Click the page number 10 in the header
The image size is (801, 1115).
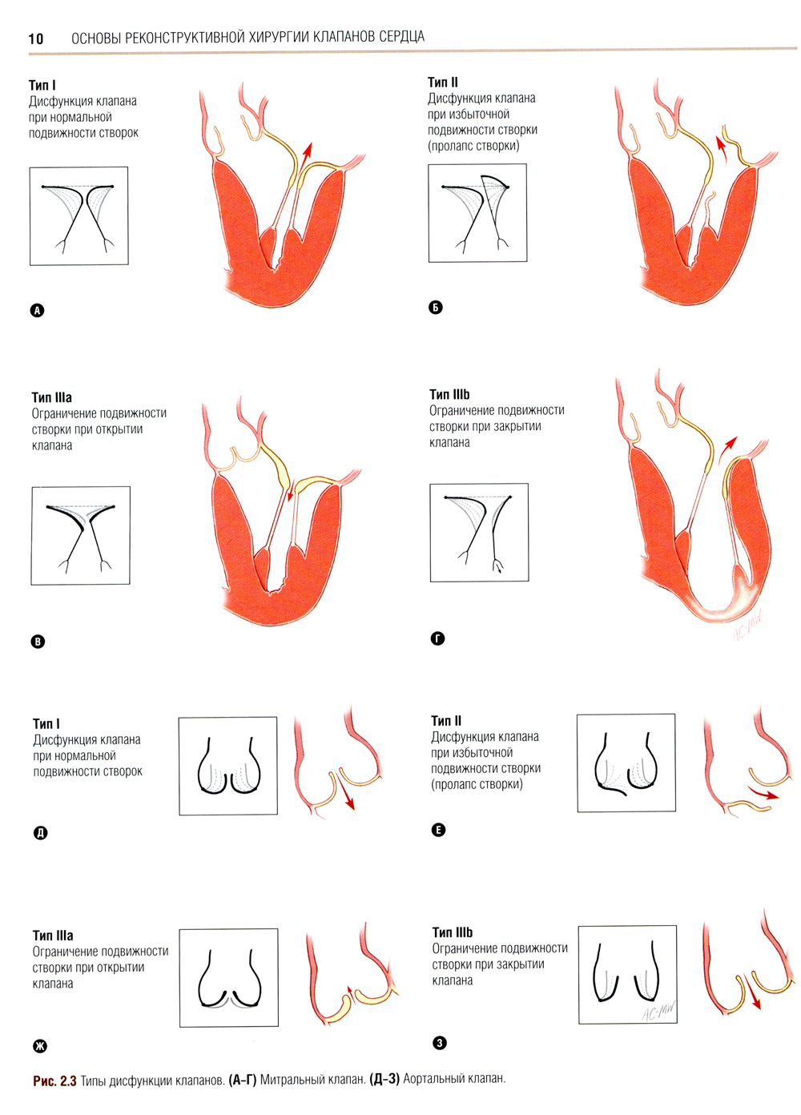[35, 38]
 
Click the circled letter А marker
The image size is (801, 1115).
[37, 311]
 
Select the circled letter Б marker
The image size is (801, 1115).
[436, 308]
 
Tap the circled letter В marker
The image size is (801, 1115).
[38, 642]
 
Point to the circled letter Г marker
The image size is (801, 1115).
[437, 638]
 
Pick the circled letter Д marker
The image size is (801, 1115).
[40, 833]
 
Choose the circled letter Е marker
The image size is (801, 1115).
[438, 830]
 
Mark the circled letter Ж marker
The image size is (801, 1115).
[39, 1046]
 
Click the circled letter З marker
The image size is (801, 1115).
[439, 1043]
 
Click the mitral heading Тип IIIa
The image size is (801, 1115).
[52, 397]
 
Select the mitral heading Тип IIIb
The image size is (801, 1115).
[449, 394]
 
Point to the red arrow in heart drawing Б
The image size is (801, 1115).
[722, 149]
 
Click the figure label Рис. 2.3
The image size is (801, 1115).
[54, 1081]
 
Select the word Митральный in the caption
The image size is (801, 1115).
[290, 1080]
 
